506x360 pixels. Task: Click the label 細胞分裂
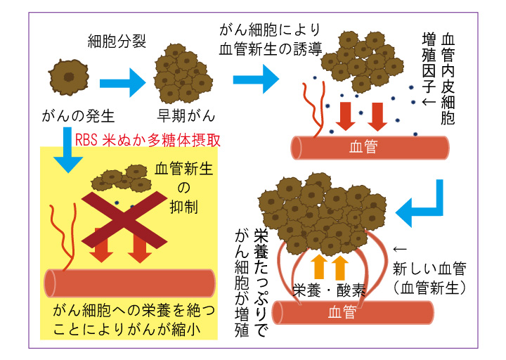pos(117,41)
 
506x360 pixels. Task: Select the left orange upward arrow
pos(318,267)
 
